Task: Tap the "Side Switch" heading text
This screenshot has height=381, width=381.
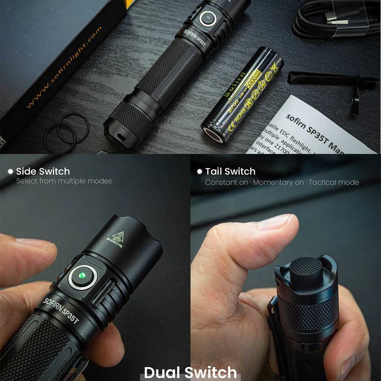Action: click(x=43, y=171)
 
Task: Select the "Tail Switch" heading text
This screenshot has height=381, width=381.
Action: click(x=230, y=171)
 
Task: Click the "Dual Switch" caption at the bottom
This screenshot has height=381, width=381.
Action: click(x=190, y=372)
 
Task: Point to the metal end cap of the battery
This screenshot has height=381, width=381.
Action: click(x=213, y=135)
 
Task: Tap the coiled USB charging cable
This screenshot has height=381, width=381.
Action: click(x=335, y=19)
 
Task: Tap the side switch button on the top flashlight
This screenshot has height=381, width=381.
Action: click(x=208, y=18)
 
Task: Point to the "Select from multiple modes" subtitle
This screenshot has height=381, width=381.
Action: click(x=64, y=181)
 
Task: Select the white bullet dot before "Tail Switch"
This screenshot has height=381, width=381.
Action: click(x=199, y=172)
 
